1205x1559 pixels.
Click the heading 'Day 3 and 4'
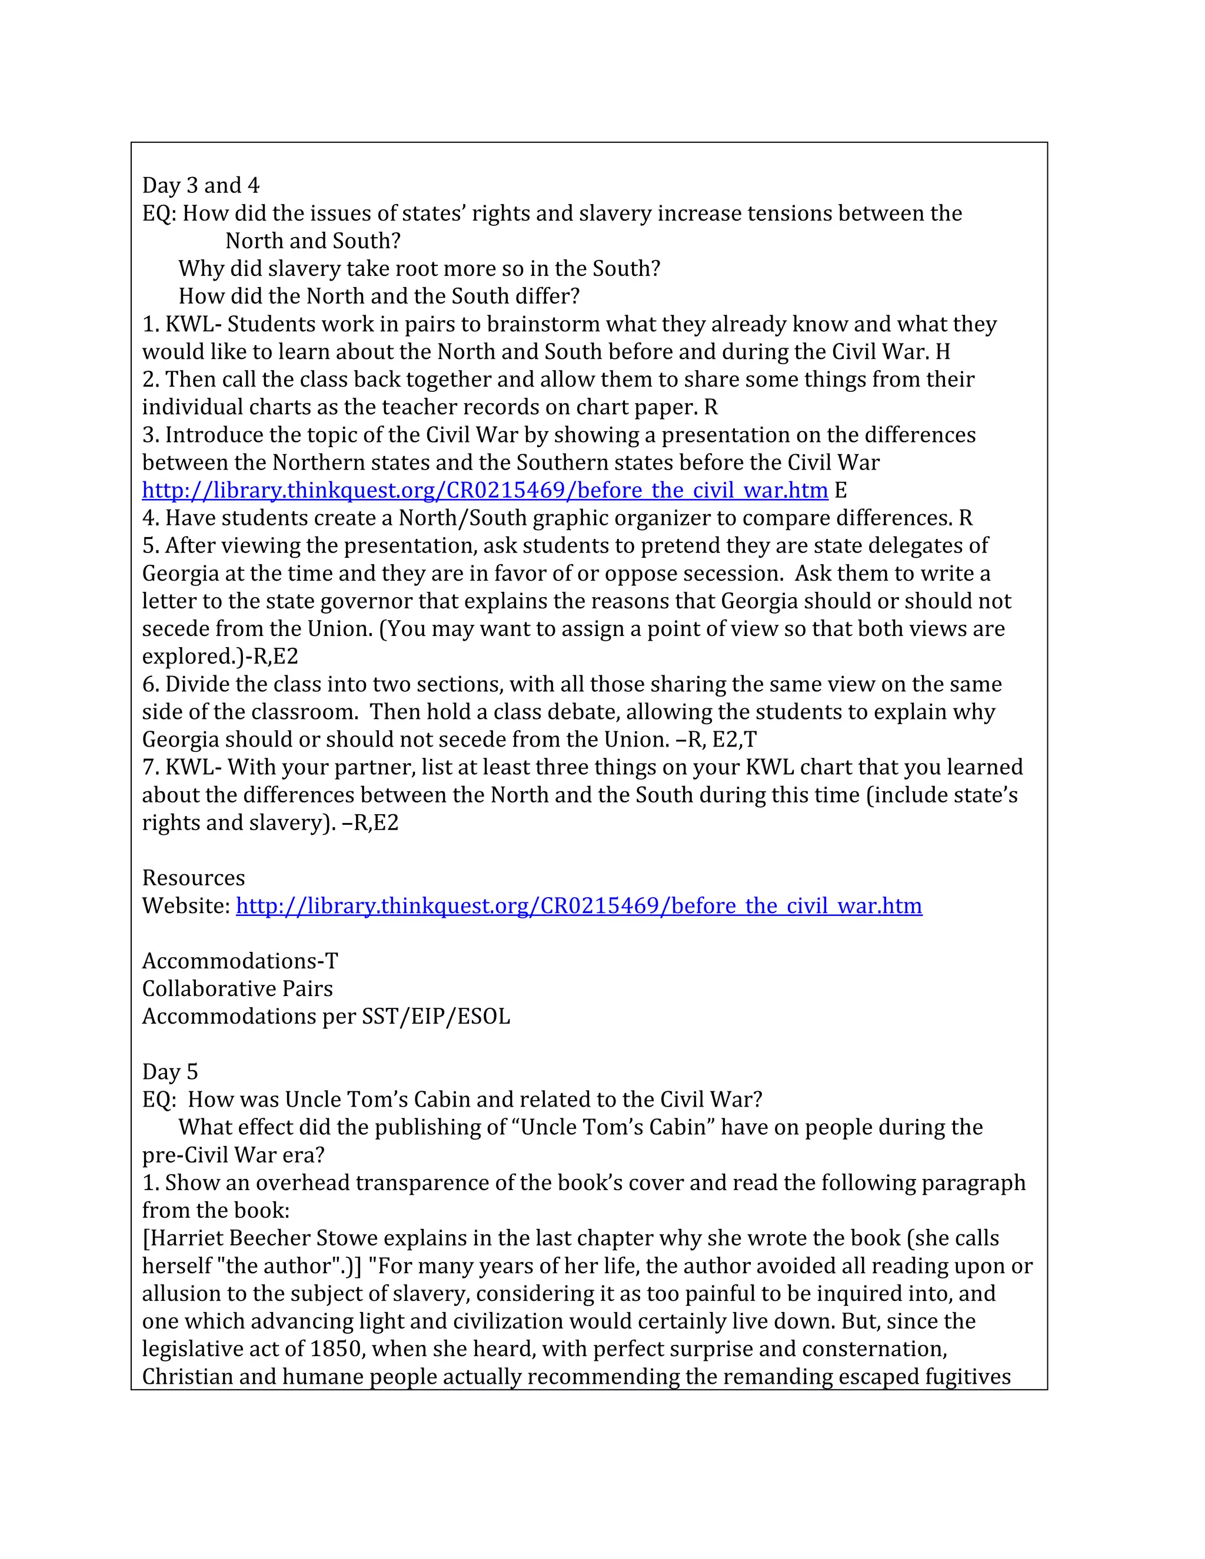pos(201,185)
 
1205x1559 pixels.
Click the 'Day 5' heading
pos(170,1071)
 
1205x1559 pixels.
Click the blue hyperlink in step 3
pos(485,491)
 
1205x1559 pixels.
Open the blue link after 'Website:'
pos(578,906)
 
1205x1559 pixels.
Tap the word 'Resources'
pos(194,878)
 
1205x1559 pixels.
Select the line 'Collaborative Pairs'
pos(237,989)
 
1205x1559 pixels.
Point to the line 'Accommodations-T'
pos(240,961)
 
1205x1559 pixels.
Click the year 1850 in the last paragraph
pos(335,1348)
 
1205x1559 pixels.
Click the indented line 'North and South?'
pos(312,241)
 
